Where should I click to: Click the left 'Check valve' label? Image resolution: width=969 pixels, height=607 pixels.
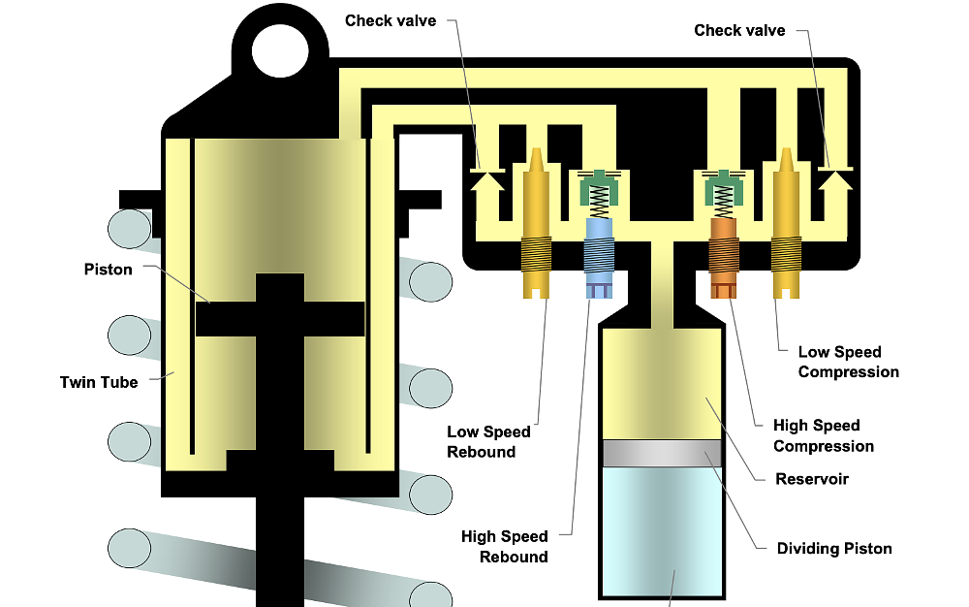[x=391, y=21]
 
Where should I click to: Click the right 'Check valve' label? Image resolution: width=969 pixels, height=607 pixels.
[x=739, y=30]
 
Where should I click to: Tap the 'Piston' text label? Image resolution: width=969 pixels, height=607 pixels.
[x=108, y=270]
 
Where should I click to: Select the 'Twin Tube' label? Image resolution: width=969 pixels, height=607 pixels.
[x=99, y=382]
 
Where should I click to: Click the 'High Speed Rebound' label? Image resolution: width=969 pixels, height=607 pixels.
[x=504, y=546]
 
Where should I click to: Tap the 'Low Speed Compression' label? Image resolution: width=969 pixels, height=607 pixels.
[x=848, y=362]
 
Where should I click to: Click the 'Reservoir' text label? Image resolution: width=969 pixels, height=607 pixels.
[x=812, y=479]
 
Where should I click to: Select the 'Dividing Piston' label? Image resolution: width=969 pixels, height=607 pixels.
[x=834, y=549]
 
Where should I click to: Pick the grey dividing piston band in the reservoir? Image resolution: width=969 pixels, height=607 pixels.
[x=663, y=453]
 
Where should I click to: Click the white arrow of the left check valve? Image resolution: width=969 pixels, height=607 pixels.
[x=486, y=183]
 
